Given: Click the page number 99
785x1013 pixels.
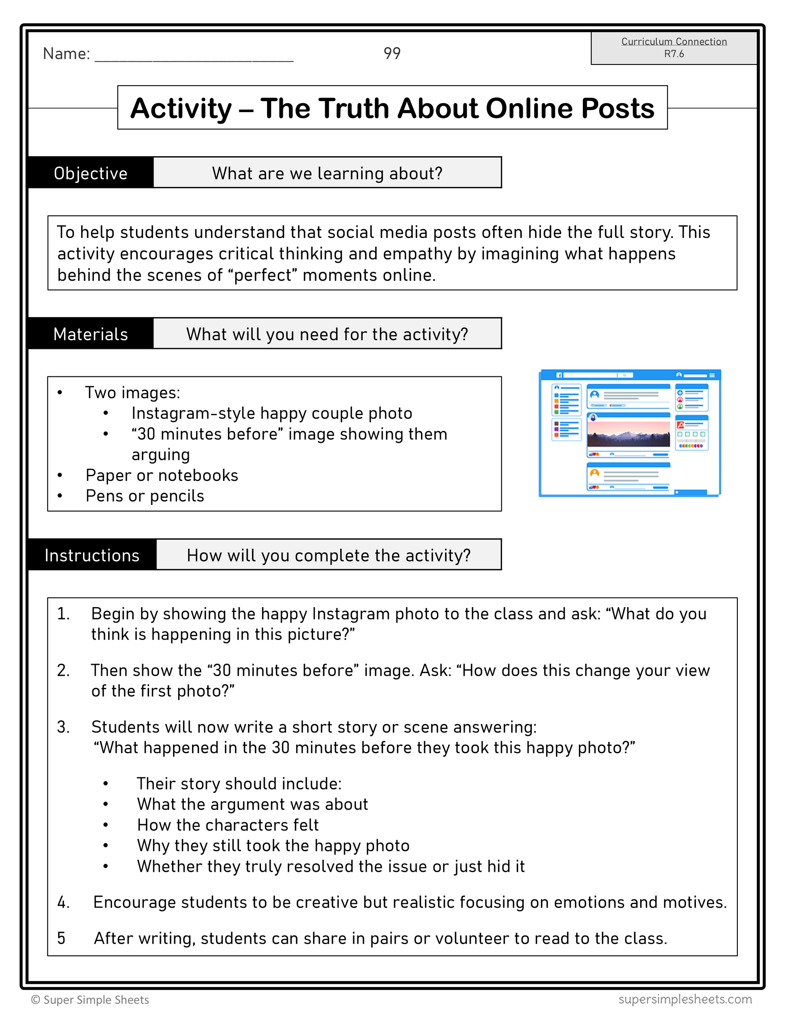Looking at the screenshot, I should click(392, 53).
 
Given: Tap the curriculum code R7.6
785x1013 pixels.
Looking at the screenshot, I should click(674, 54).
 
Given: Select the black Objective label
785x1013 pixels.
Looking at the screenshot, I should click(91, 173).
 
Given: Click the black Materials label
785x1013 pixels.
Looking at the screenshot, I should click(91, 334).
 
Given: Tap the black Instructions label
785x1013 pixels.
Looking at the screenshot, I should click(92, 555).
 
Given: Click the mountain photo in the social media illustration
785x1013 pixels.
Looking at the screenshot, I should click(628, 434).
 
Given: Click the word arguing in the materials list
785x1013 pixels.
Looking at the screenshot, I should click(161, 455).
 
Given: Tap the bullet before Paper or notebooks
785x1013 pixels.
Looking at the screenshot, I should click(60, 475).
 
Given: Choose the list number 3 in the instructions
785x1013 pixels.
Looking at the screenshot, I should click(63, 727).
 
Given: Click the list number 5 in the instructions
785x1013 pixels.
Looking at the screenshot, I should click(61, 938).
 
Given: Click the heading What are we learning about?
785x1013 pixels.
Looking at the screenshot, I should click(327, 173).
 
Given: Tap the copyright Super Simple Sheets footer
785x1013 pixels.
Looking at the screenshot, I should click(90, 1000).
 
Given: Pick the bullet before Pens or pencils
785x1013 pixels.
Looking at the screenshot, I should click(60, 496).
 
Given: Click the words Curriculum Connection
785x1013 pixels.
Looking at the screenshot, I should click(674, 42).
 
